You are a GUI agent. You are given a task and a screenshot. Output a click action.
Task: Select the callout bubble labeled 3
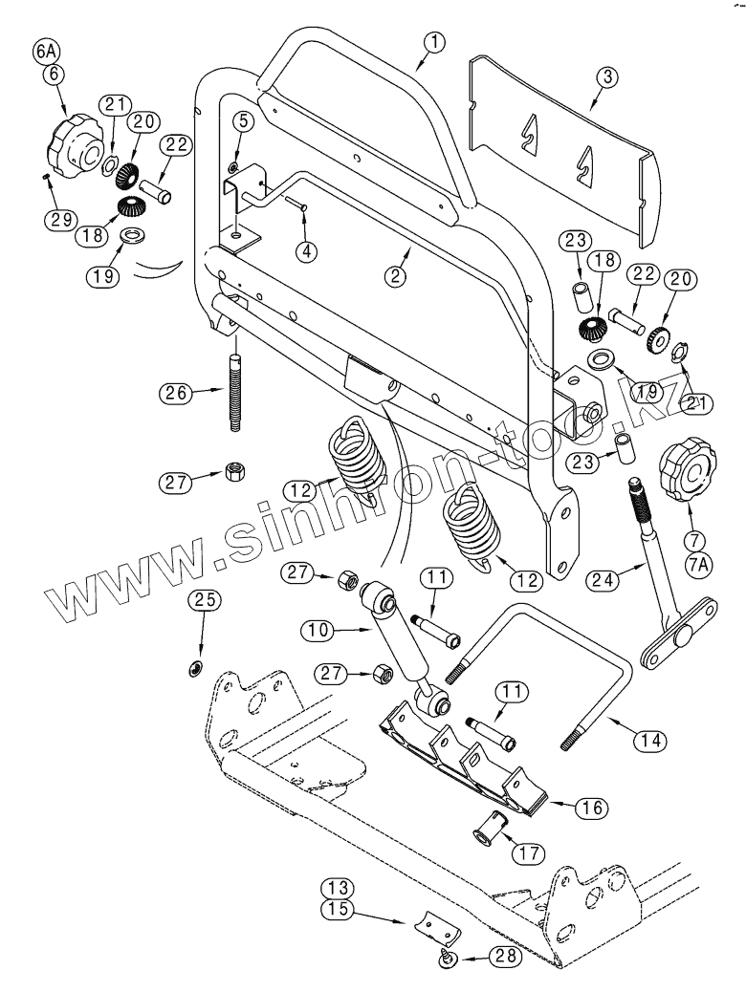pyautogui.click(x=603, y=78)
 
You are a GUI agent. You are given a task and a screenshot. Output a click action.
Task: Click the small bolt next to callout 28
pyautogui.click(x=447, y=956)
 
